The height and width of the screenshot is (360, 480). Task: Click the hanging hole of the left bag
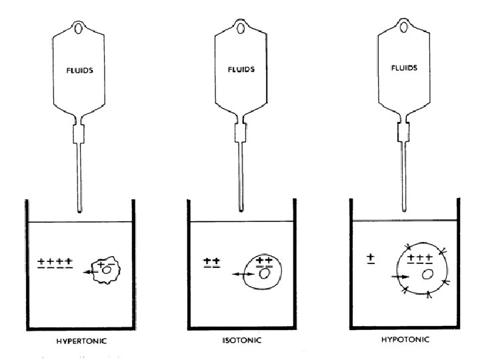[80, 29]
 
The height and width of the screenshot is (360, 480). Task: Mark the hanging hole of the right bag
[405, 29]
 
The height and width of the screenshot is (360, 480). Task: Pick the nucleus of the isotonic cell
[265, 273]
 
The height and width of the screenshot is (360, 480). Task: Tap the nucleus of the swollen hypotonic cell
[427, 273]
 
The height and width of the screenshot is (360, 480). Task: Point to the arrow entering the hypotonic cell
[399, 275]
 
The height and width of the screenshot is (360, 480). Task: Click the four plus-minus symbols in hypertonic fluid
[55, 263]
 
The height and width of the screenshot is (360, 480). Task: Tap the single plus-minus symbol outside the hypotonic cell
[371, 257]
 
